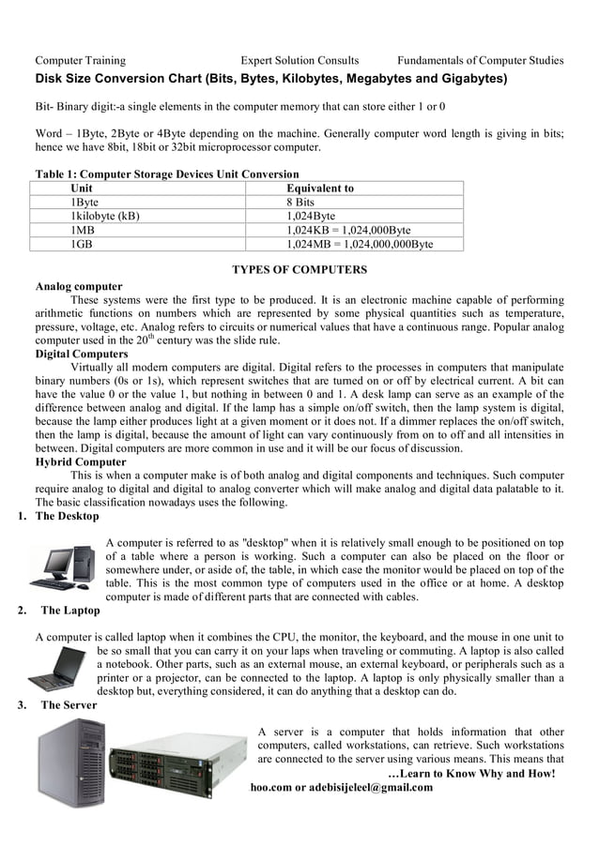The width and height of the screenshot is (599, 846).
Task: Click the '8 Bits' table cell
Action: click(300, 202)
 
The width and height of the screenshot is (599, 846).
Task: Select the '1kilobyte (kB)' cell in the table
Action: click(105, 216)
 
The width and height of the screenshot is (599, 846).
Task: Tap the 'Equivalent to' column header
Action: click(320, 188)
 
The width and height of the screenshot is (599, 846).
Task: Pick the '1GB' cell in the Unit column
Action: click(82, 244)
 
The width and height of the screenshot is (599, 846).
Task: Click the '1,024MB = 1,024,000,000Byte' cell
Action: click(360, 244)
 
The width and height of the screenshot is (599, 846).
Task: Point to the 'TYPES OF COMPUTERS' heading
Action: click(299, 270)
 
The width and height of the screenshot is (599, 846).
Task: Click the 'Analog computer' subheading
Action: click(79, 286)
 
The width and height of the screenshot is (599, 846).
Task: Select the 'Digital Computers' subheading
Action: click(82, 354)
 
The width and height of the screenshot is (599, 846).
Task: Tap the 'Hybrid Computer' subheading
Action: click(81, 462)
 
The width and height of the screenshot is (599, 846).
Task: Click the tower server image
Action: click(71, 762)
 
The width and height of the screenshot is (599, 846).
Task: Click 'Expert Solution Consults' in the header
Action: click(299, 61)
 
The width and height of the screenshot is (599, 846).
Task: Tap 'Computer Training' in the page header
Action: click(80, 61)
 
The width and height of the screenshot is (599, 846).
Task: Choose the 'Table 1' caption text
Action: click(167, 174)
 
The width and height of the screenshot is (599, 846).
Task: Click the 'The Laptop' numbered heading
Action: click(70, 611)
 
